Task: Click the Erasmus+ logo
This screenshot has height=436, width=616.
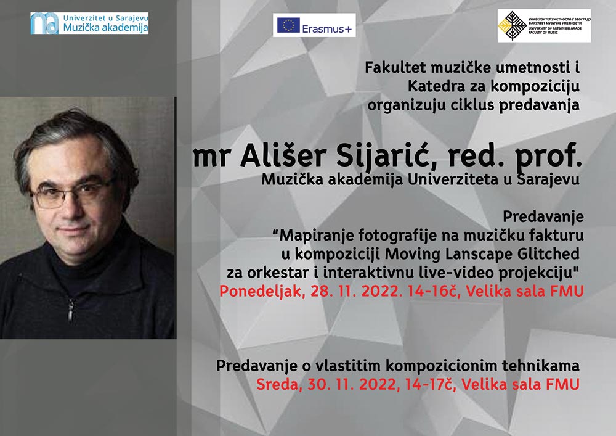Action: [x=314, y=25]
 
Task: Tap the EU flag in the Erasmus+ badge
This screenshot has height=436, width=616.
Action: [x=288, y=25]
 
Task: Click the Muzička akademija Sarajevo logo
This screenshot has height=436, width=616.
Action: [x=89, y=23]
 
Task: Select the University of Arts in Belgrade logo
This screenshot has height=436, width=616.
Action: [x=544, y=25]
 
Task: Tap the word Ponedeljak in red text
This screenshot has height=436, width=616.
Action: [x=260, y=292]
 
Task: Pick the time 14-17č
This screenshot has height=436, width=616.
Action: [x=431, y=384]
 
